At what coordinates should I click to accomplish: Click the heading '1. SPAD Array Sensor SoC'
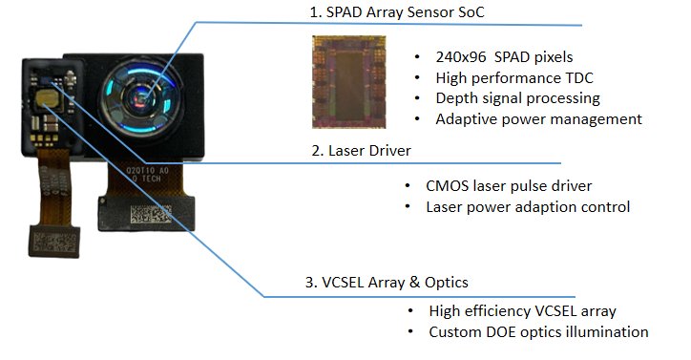(x=397, y=11)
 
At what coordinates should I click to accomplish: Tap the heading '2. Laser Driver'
(x=361, y=151)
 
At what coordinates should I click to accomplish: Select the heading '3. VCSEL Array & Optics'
(x=387, y=282)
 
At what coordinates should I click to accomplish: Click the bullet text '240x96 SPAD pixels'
(x=504, y=57)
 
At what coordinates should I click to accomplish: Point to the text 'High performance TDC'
(x=514, y=78)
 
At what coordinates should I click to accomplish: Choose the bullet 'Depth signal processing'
(x=518, y=98)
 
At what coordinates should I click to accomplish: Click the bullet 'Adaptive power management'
(x=538, y=119)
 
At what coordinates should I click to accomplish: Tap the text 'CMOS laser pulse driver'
(x=509, y=186)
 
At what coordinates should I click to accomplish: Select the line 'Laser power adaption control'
(x=528, y=207)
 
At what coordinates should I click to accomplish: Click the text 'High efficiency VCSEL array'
(x=522, y=311)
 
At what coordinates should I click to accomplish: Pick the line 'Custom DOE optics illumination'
(x=538, y=331)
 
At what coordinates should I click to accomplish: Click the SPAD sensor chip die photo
(x=349, y=82)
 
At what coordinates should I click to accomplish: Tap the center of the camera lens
(x=141, y=98)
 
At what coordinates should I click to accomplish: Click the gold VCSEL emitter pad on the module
(x=47, y=98)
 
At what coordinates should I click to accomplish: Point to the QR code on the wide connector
(x=150, y=214)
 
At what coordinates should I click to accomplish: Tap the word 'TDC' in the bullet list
(x=577, y=78)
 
